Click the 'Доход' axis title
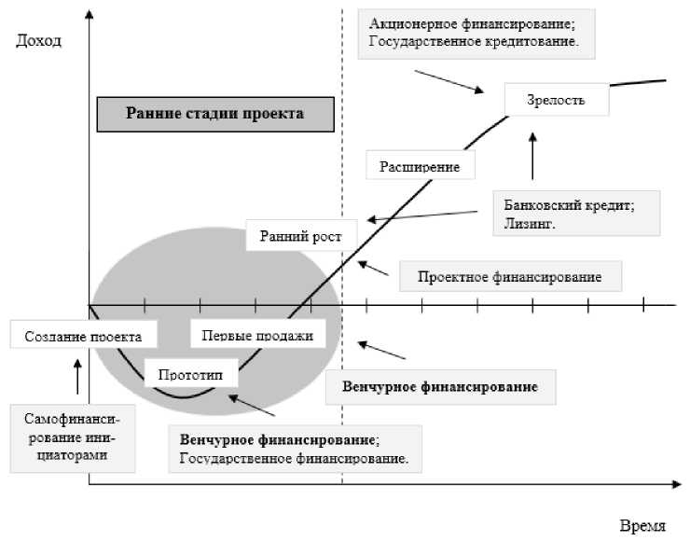38,41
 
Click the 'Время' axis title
643,525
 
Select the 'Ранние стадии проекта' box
214,114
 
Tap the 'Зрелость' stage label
557,100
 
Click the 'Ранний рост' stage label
295,235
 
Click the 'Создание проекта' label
83,334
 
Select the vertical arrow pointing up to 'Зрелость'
532,155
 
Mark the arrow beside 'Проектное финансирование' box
375,268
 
